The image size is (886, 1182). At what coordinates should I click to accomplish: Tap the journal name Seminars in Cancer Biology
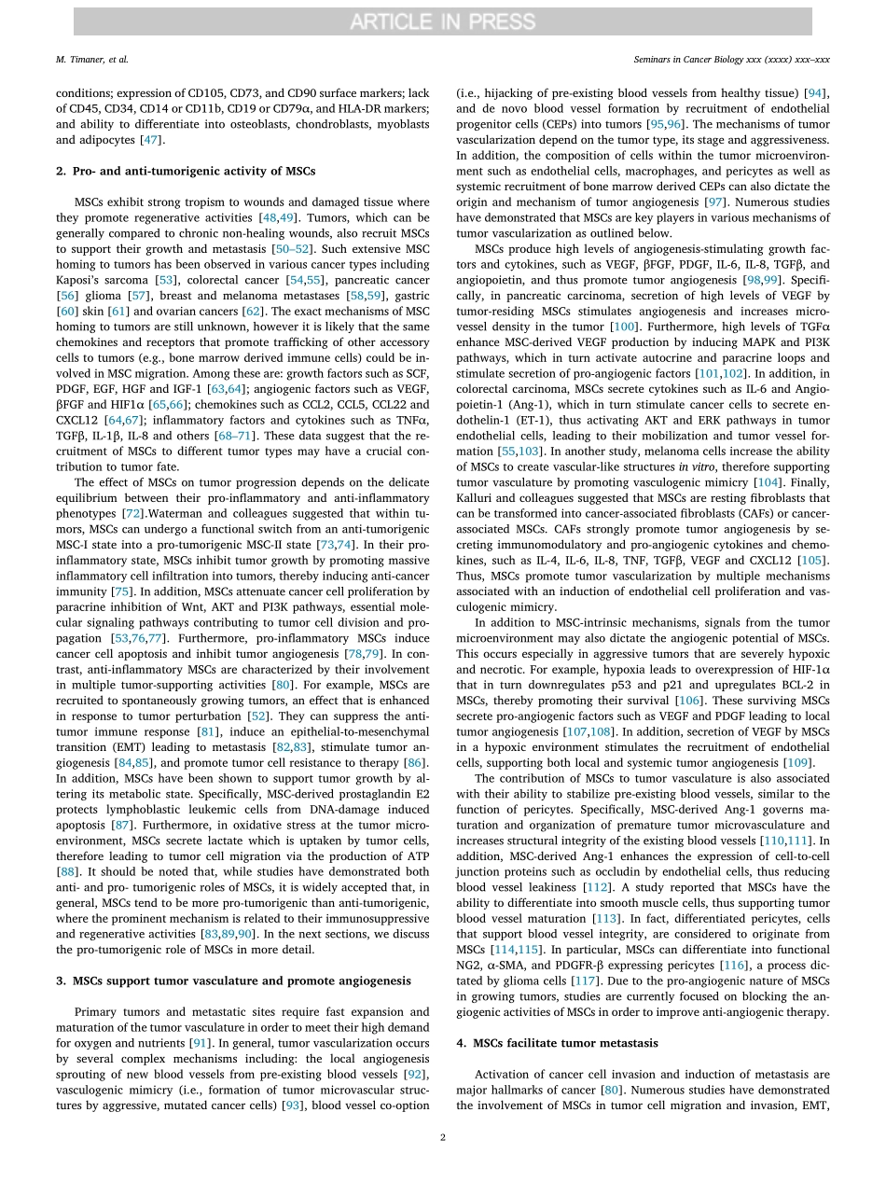[725, 59]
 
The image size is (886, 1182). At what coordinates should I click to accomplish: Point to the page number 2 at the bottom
[443, 1137]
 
